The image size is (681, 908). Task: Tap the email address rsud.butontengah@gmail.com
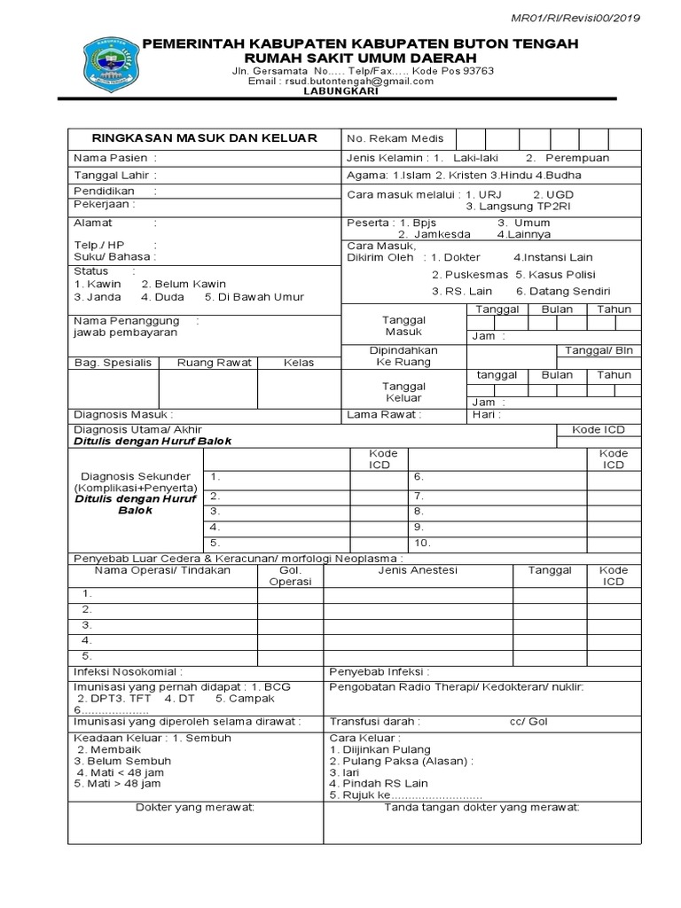click(x=341, y=81)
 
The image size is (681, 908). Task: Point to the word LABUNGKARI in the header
click(x=340, y=90)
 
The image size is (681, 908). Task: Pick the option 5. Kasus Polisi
click(x=555, y=275)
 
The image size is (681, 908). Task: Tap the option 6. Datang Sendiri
click(x=562, y=292)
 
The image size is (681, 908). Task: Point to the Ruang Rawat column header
click(x=215, y=363)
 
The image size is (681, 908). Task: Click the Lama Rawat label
click(x=384, y=414)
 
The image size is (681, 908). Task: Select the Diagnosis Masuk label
click(x=123, y=414)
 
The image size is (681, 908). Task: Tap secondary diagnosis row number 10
click(x=422, y=543)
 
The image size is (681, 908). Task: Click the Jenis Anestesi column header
click(x=417, y=570)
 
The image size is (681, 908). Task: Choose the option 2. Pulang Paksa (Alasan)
click(x=401, y=761)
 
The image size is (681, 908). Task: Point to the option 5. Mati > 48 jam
click(x=118, y=784)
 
